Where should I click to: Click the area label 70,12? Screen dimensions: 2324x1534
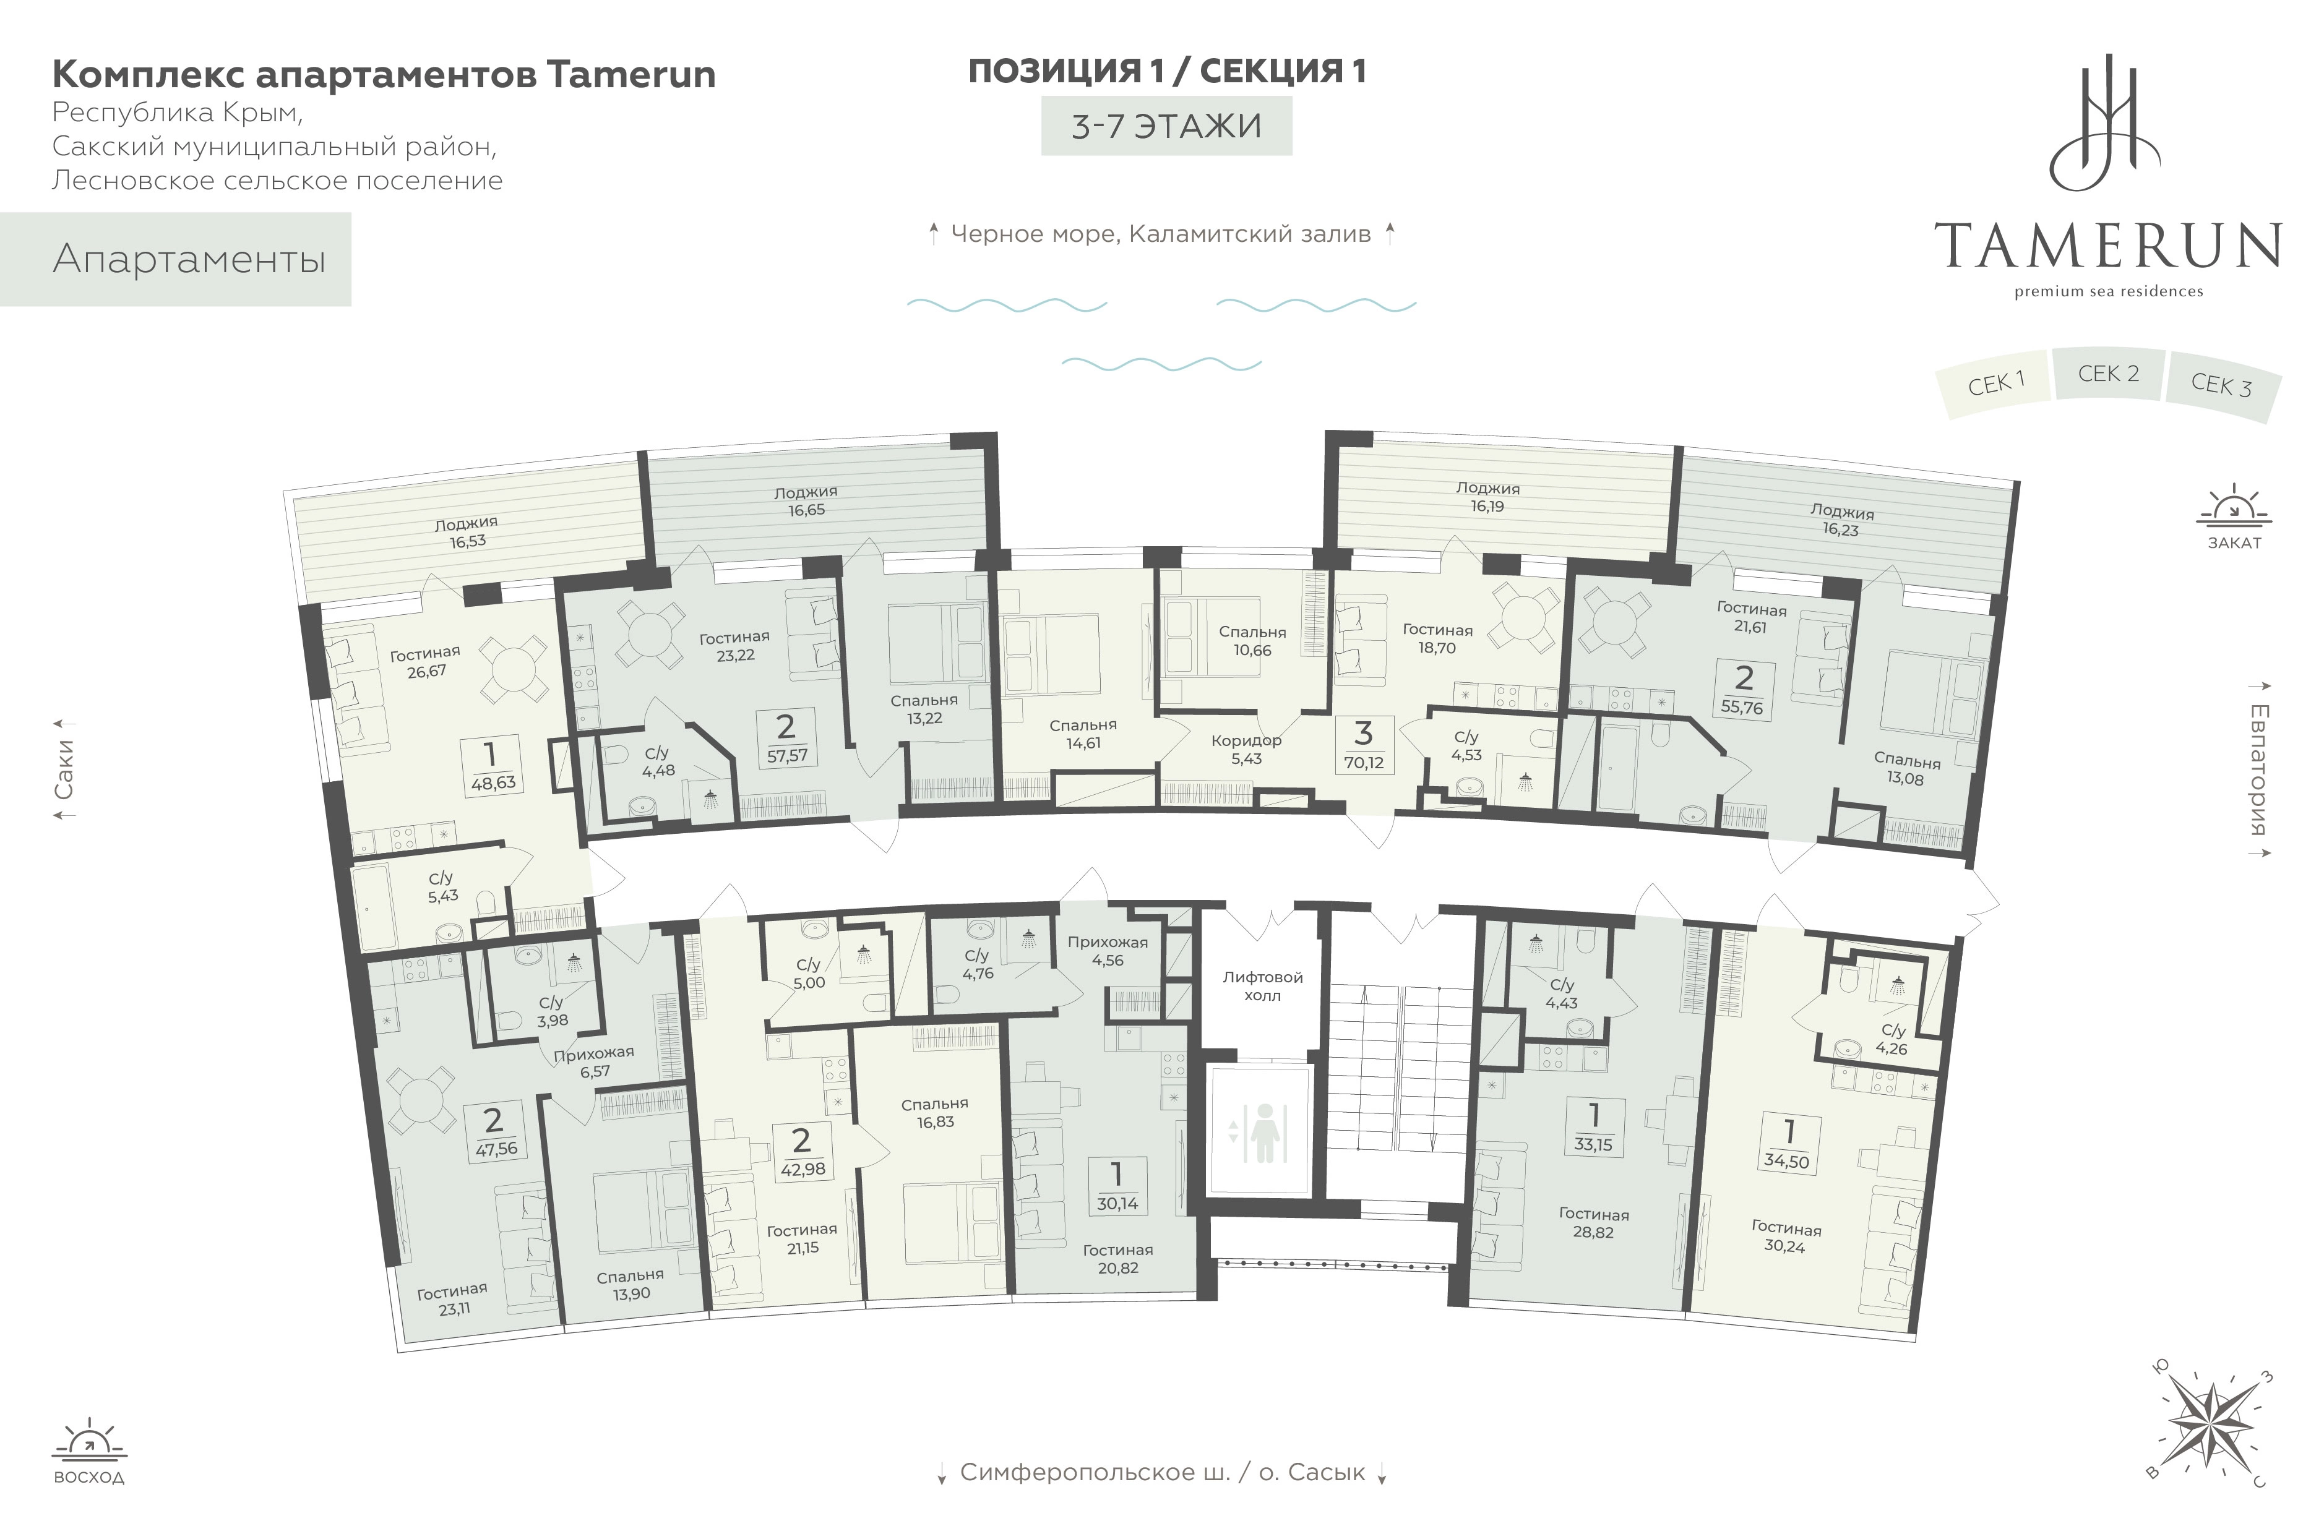coord(1363,762)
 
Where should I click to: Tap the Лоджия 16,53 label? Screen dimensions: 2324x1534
coord(467,532)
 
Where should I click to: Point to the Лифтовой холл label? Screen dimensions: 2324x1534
coord(1262,986)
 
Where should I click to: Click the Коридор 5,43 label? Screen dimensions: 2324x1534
coord(1246,750)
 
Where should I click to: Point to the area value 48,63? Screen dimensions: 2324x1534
coord(493,782)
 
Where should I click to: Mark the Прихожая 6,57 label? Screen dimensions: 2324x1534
coord(594,1061)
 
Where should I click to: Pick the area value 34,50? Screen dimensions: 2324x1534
coord(1787,1161)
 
